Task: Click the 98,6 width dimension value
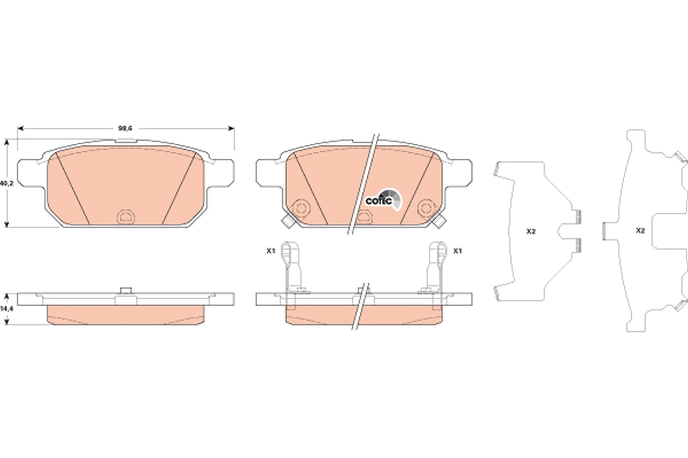pyautogui.click(x=126, y=128)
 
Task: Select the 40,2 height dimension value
pyautogui.click(x=6, y=184)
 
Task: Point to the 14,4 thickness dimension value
pyautogui.click(x=6, y=309)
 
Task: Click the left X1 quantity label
pyautogui.click(x=271, y=251)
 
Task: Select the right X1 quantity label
pyautogui.click(x=458, y=251)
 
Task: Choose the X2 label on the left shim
pyautogui.click(x=531, y=231)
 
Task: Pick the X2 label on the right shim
pyautogui.click(x=640, y=231)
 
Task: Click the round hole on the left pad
pyautogui.click(x=124, y=216)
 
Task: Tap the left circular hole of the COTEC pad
pyautogui.click(x=300, y=208)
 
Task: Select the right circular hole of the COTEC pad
pyautogui.click(x=426, y=208)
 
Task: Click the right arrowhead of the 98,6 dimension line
pyautogui.click(x=232, y=128)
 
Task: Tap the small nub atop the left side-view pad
pyautogui.click(x=124, y=290)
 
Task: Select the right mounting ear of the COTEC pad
pyautogui.click(x=462, y=172)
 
